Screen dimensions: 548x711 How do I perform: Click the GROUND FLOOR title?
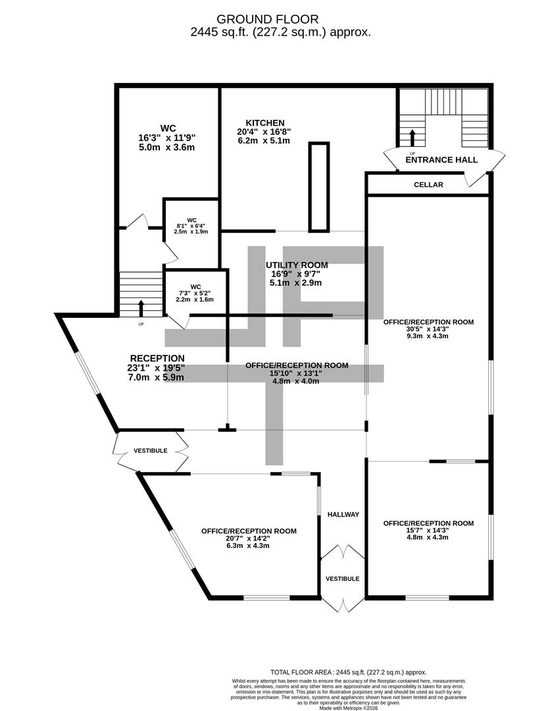pos(268,19)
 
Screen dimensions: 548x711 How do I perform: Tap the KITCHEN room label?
pos(265,123)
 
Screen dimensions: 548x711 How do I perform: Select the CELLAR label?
pos(428,185)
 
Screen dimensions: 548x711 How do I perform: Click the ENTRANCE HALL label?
pos(441,159)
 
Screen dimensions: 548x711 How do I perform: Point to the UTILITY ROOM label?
pos(297,265)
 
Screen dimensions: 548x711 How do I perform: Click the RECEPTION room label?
pos(157,359)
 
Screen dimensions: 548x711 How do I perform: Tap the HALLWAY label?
pos(343,515)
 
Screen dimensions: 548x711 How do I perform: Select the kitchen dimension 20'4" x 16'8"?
pos(264,132)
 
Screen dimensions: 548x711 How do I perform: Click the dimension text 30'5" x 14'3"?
pos(428,329)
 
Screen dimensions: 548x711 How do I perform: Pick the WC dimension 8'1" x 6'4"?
pos(191,226)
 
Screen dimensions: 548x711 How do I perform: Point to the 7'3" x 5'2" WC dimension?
pos(195,294)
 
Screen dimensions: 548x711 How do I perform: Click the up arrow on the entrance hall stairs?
pos(412,138)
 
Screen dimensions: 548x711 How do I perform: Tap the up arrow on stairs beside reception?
pos(141,308)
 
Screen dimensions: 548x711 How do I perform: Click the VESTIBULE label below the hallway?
pos(343,579)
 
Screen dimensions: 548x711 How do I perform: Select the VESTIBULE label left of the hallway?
pos(151,451)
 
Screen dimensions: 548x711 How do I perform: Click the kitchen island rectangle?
pos(318,187)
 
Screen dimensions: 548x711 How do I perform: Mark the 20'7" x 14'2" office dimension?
pos(249,539)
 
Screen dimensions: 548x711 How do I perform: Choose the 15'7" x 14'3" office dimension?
pos(428,531)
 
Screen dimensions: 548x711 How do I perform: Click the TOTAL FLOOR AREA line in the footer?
pos(349,672)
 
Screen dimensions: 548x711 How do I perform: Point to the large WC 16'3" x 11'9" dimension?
pos(167,138)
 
